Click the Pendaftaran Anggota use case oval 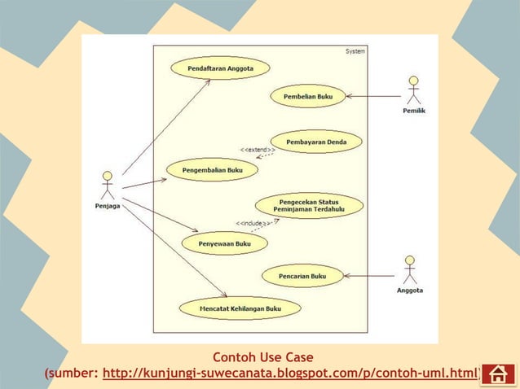(x=220, y=68)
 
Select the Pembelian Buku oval (x=307, y=96)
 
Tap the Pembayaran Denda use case (x=316, y=142)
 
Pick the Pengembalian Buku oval (x=212, y=169)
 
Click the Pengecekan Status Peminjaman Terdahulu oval (x=309, y=205)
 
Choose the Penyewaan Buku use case (x=223, y=243)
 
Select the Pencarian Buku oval (x=302, y=276)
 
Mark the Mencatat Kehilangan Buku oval (x=240, y=308)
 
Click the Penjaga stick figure (x=107, y=186)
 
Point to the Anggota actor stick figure (x=410, y=270)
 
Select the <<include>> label (x=253, y=223)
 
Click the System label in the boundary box (x=355, y=51)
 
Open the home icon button (x=498, y=374)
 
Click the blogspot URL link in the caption (x=290, y=374)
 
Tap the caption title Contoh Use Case (x=262, y=357)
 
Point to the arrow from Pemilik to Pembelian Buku (x=373, y=96)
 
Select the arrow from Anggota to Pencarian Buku (x=370, y=276)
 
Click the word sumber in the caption (x=73, y=374)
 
